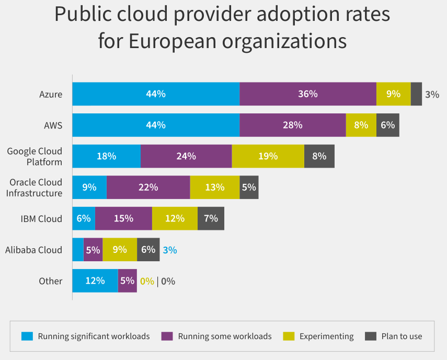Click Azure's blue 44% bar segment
click(x=156, y=94)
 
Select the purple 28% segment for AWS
click(x=293, y=125)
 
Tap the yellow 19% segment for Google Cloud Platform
click(x=268, y=156)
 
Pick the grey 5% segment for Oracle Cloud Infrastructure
click(x=249, y=187)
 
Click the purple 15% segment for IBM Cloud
click(x=123, y=218)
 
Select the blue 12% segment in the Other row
click(x=95, y=281)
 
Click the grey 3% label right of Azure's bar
click(x=432, y=95)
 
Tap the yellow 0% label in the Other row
click(x=147, y=281)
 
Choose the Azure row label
click(x=51, y=95)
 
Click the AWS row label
click(x=53, y=125)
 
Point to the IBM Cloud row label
click(x=41, y=218)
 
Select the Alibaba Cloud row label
click(x=34, y=250)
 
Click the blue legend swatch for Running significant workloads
click(x=27, y=336)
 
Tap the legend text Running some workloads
click(x=225, y=336)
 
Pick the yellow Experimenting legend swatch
click(x=288, y=336)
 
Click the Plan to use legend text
click(x=402, y=336)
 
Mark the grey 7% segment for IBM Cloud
click(x=211, y=218)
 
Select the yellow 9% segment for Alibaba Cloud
click(x=120, y=250)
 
